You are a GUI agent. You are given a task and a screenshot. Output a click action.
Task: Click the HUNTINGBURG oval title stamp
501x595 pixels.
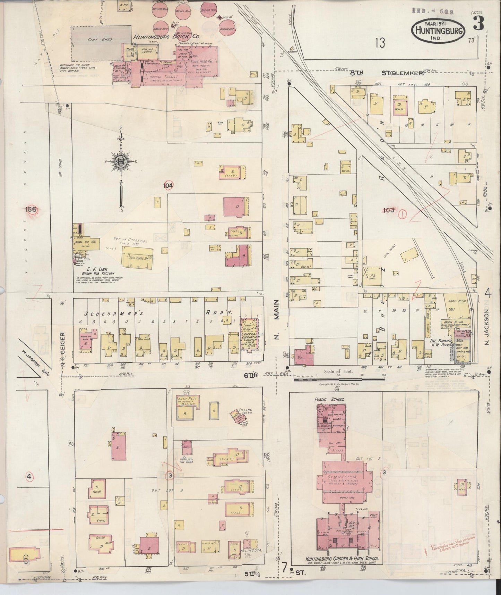coord(438,31)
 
